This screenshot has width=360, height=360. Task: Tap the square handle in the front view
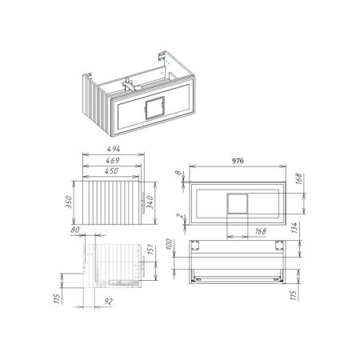(238, 203)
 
